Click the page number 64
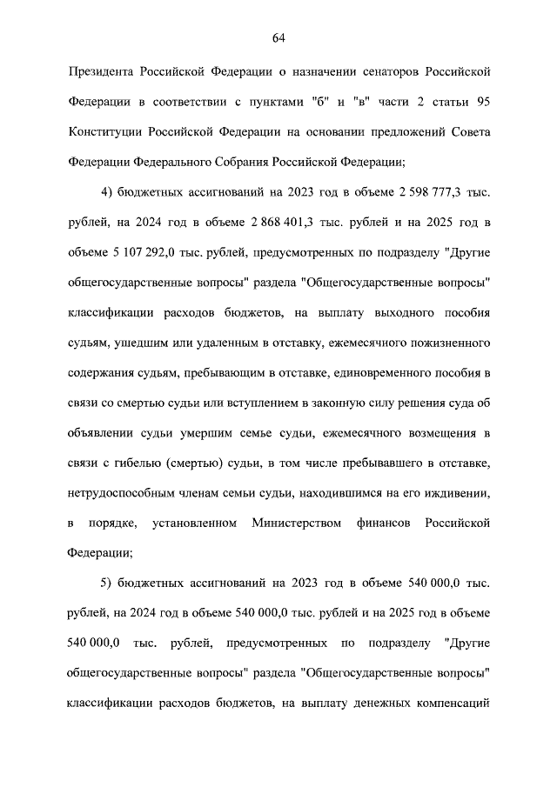pos(278,37)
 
